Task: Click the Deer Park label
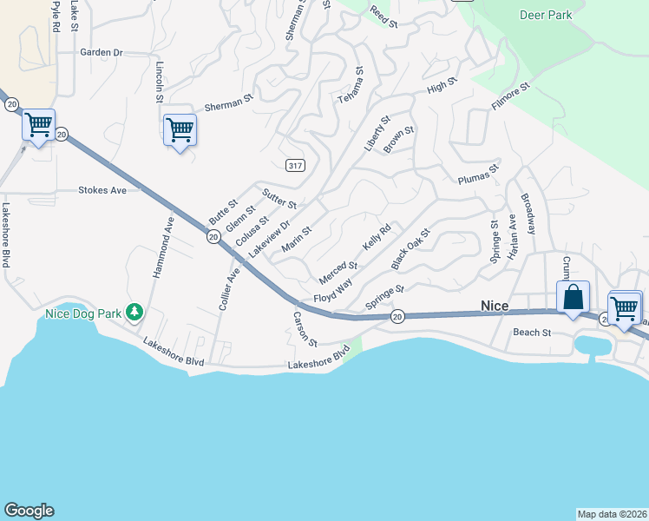[x=545, y=16]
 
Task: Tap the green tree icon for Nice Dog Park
[x=134, y=311]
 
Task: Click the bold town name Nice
[x=495, y=306]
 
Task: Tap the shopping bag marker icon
[x=573, y=298]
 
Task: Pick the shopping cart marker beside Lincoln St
[x=180, y=130]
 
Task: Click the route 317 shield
[x=293, y=164]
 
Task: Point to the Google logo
[x=29, y=511]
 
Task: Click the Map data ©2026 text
[x=612, y=514]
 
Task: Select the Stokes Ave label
[x=102, y=189]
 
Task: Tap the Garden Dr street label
[x=102, y=52]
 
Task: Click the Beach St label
[x=532, y=333]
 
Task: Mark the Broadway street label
[x=528, y=214]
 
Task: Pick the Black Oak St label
[x=410, y=248]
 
